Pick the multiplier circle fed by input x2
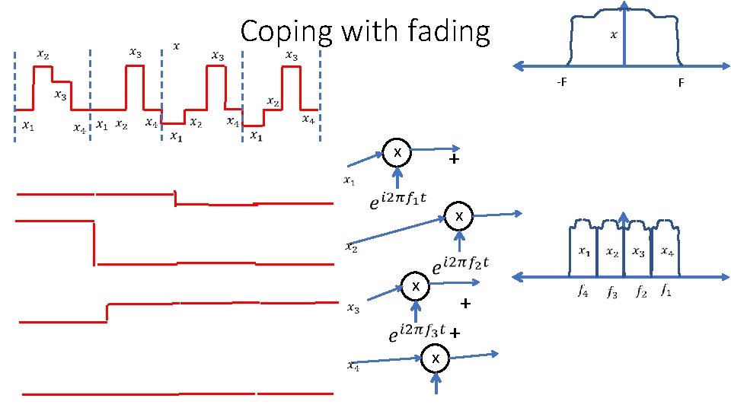[459, 217]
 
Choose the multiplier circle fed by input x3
[415, 287]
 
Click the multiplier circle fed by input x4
[436, 358]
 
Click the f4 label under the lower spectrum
[583, 291]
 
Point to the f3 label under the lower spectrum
[611, 292]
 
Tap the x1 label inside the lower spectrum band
[583, 250]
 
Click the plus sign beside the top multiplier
[454, 161]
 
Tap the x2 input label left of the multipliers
[350, 247]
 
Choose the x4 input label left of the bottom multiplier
[353, 367]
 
